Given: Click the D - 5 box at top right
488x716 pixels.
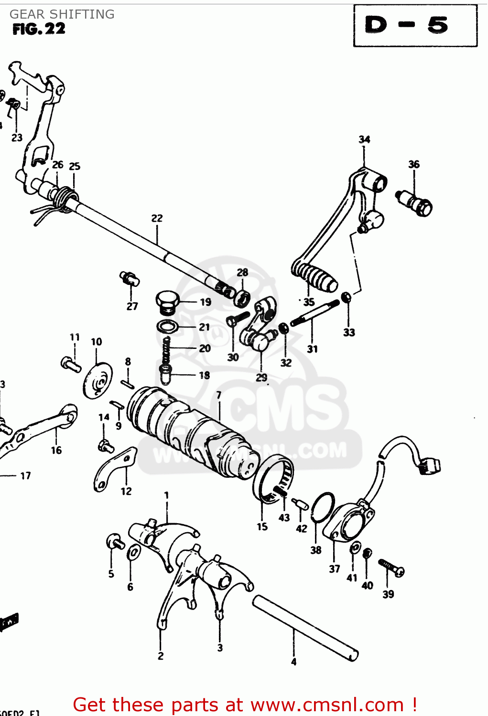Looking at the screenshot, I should (x=415, y=25).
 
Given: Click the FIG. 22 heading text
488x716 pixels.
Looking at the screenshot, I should (x=39, y=29).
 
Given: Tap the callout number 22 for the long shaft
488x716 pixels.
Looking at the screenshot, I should (x=157, y=218).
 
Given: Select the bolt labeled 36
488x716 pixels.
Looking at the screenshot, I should (x=415, y=202).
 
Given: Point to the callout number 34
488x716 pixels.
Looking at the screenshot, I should (x=364, y=139).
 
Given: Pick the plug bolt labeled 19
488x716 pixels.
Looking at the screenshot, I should (x=167, y=302).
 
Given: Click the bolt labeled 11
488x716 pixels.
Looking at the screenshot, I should (x=70, y=364).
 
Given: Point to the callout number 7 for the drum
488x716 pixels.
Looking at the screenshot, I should (x=218, y=395).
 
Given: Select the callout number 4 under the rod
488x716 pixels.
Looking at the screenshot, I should (x=293, y=662).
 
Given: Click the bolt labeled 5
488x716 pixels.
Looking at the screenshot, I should (x=115, y=542).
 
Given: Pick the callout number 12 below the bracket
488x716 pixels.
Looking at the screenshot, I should (x=126, y=491).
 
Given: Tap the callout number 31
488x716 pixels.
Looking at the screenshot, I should (x=312, y=349).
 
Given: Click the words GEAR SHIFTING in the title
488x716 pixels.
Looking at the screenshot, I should (x=62, y=14).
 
